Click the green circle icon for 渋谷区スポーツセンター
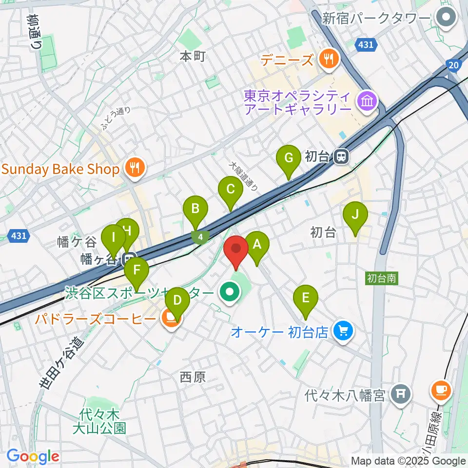click(228, 293)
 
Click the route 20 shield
click(453, 64)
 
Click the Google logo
click(33, 457)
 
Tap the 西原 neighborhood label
click(193, 377)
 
